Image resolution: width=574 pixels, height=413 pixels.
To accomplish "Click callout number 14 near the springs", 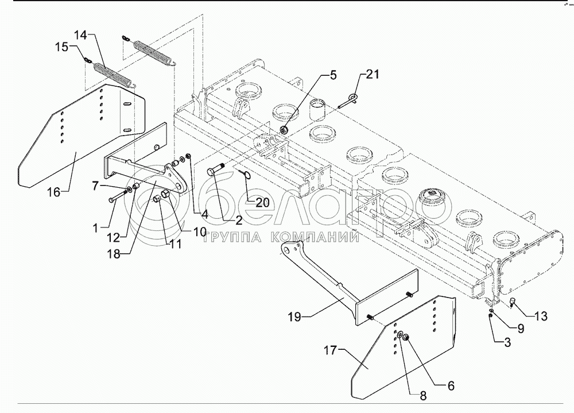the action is click(81, 36).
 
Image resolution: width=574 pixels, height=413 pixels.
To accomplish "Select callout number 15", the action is click(62, 47).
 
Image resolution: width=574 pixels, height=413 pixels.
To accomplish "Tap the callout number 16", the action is click(54, 191).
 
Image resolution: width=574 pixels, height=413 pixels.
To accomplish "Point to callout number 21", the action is click(373, 75).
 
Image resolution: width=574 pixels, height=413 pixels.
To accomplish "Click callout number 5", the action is click(333, 75).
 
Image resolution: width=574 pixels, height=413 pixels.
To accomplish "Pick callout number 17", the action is click(330, 350).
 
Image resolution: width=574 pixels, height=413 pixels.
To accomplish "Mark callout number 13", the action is click(541, 316).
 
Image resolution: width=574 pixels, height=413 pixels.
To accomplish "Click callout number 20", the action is click(262, 203).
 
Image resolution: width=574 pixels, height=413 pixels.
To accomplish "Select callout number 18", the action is click(114, 253).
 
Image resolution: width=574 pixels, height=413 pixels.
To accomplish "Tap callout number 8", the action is click(423, 396).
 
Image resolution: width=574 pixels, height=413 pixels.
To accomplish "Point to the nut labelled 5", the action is click(284, 129).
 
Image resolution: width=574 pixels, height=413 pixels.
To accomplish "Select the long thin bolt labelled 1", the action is click(118, 195).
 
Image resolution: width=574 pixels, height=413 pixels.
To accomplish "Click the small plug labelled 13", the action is click(513, 302).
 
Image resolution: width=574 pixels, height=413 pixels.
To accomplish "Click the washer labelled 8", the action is click(400, 334).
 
